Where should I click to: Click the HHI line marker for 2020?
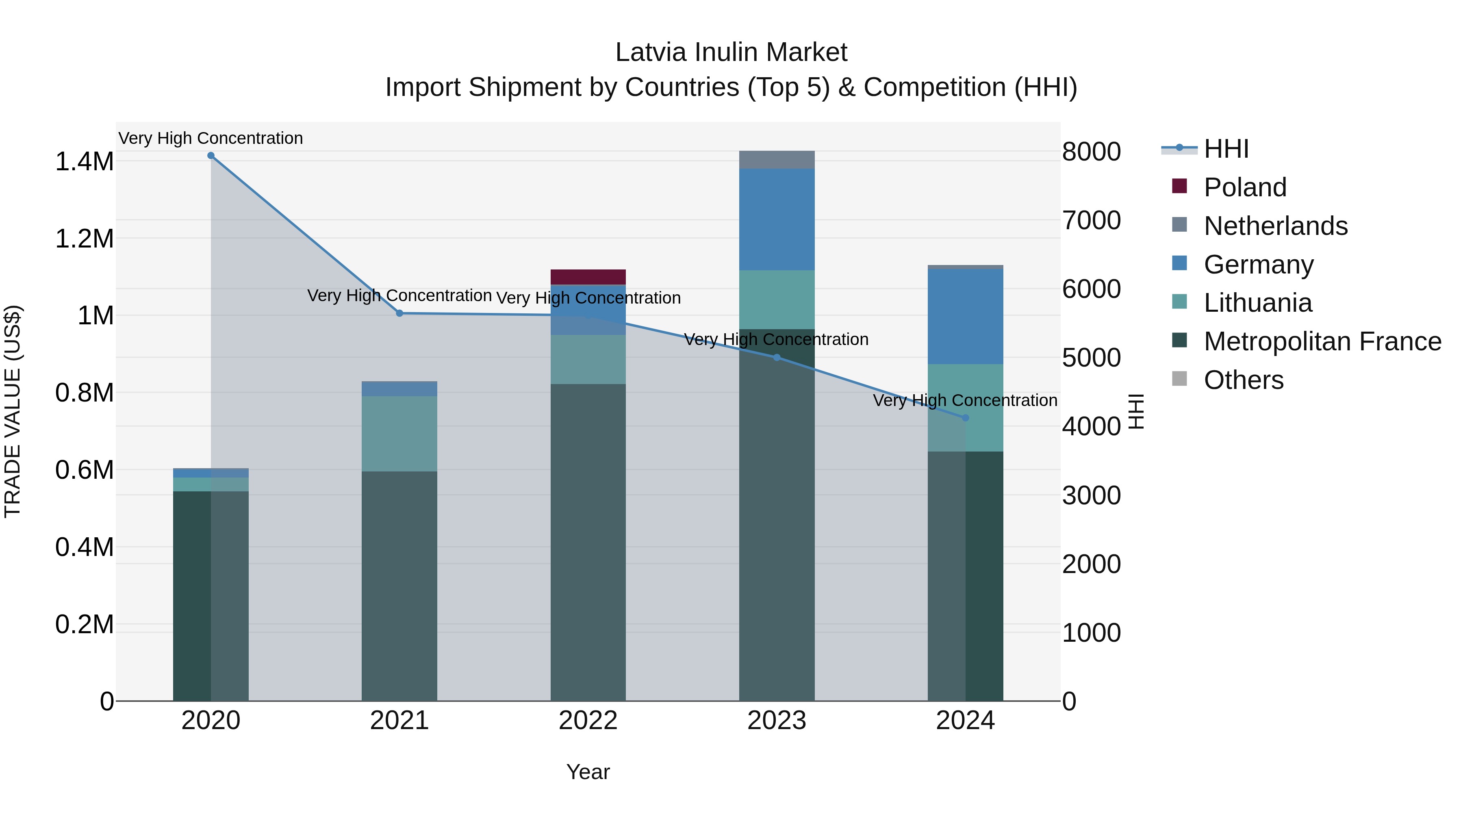click(211, 156)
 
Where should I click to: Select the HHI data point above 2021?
click(399, 313)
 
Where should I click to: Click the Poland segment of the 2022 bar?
click(588, 277)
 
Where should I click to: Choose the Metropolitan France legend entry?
click(1322, 341)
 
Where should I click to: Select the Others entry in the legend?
click(1243, 380)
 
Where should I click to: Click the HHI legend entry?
click(1226, 149)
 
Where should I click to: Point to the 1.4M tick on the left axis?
click(84, 162)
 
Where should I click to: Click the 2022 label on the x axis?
click(588, 721)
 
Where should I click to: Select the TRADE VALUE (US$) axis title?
click(13, 411)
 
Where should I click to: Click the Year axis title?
click(588, 772)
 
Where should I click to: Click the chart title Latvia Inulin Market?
click(731, 52)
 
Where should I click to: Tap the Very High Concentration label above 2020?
click(211, 138)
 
